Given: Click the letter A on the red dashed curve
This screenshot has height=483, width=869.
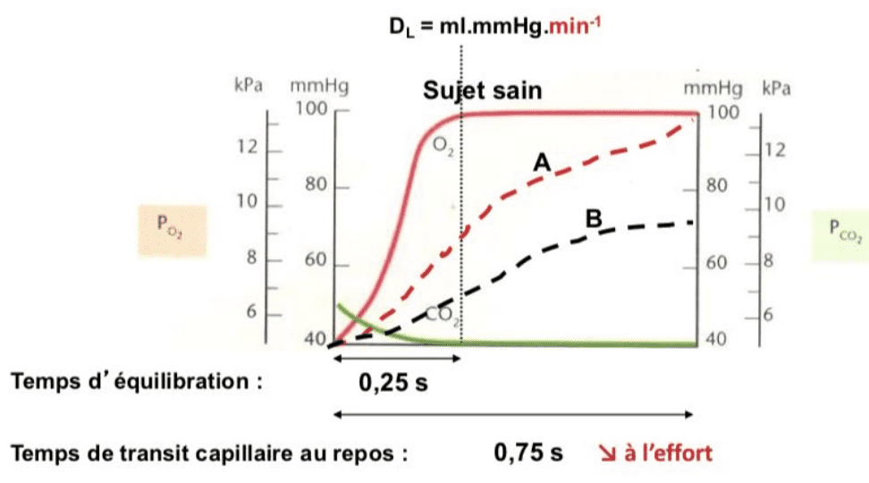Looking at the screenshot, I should [542, 162].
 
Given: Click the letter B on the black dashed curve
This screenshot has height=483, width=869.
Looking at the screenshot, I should [593, 217].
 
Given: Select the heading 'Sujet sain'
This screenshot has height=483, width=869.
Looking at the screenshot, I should [483, 90].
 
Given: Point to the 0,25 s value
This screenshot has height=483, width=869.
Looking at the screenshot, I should [394, 386].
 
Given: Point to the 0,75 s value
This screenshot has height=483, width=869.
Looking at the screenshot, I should [528, 453].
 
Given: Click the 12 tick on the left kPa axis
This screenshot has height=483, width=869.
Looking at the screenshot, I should [247, 148].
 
